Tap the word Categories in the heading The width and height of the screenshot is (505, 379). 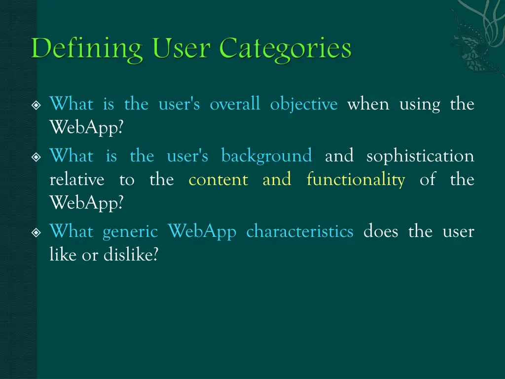pos(286,49)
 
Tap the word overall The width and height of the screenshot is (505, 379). pos(235,105)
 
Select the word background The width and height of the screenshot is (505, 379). pos(266,156)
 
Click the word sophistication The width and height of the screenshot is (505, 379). pos(420,156)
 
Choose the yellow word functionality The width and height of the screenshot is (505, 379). pos(356,180)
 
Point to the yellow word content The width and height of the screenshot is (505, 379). pos(218,180)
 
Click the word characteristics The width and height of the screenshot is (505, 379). pos(300,231)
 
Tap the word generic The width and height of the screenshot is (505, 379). pos(130,232)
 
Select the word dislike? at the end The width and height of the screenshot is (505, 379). pos(131,255)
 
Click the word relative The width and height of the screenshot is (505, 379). pos(77,180)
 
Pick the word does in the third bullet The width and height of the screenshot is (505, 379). pos(381,231)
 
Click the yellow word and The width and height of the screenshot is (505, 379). pos(277,180)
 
